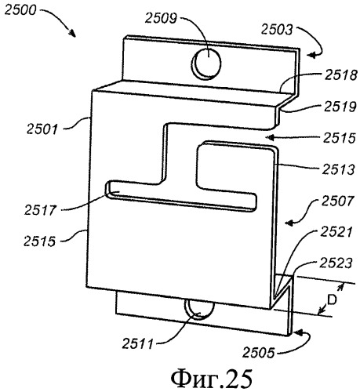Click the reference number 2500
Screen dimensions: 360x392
click(x=20, y=11)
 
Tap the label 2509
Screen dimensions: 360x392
click(x=161, y=18)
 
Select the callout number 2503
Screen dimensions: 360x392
click(x=277, y=30)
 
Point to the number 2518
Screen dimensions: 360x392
click(x=341, y=75)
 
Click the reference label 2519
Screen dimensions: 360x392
click(x=340, y=107)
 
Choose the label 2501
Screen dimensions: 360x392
click(x=42, y=129)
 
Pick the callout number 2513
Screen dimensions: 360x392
click(x=338, y=169)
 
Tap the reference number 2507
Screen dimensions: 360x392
click(x=337, y=201)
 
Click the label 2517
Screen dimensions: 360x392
click(x=40, y=210)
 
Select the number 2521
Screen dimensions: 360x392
click(x=336, y=232)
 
